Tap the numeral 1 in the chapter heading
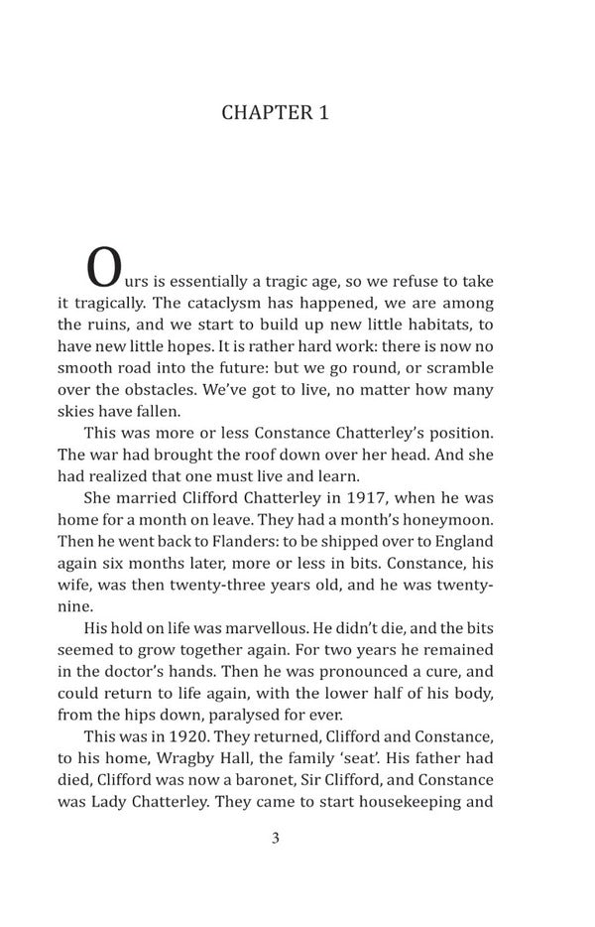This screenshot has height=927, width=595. point(322,113)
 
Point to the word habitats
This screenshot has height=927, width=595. point(445,325)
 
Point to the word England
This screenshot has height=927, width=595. point(463,541)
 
